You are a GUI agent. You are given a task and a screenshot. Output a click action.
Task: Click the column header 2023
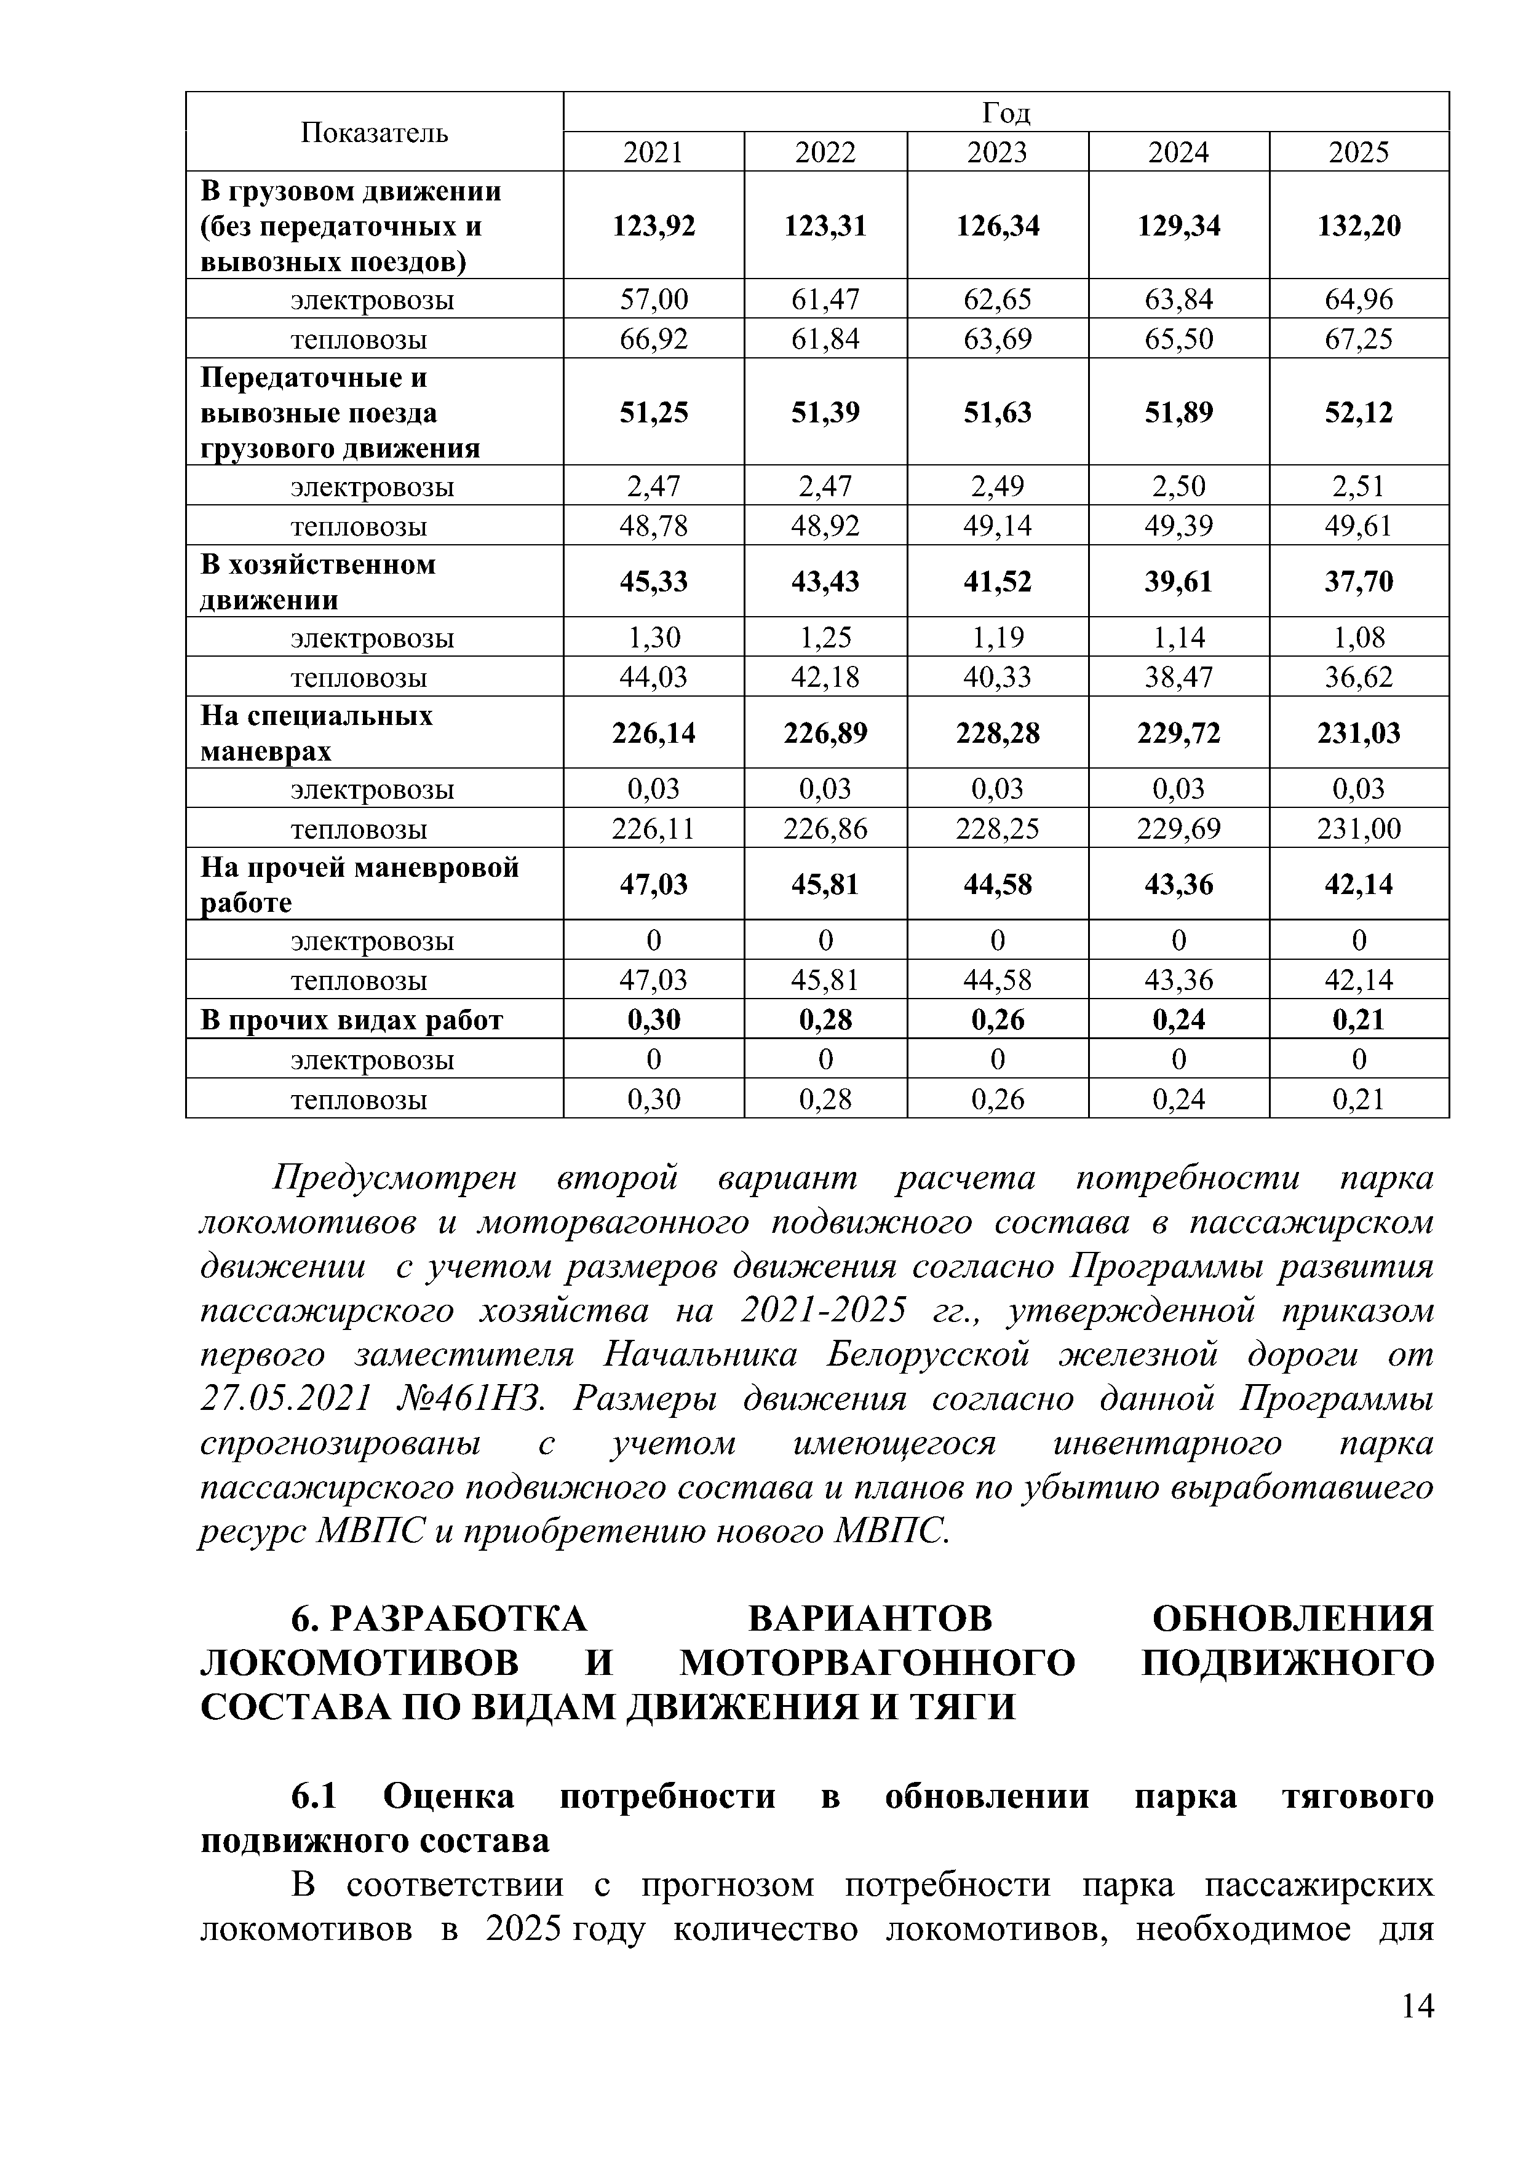click(x=997, y=152)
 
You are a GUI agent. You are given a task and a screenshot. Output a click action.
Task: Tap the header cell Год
click(x=1006, y=113)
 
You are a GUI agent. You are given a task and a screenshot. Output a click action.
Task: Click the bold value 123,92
click(x=653, y=226)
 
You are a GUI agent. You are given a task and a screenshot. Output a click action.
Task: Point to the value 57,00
click(x=653, y=299)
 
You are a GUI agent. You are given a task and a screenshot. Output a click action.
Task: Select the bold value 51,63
click(x=997, y=413)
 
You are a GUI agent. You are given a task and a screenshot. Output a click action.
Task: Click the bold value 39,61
click(x=1178, y=582)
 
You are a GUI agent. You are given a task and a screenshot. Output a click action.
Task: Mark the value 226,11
click(x=653, y=829)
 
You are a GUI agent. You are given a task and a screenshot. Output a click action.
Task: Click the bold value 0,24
click(x=1178, y=1020)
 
